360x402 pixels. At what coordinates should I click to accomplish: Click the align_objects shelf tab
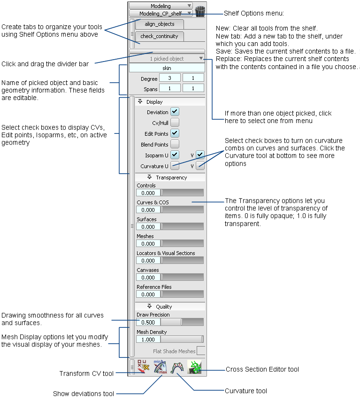(159, 24)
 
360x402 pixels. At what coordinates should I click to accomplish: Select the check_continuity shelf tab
(159, 36)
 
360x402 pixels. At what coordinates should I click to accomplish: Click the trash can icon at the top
(200, 11)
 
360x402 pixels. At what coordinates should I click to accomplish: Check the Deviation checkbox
(175, 112)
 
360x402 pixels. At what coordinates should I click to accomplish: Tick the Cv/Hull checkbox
(175, 123)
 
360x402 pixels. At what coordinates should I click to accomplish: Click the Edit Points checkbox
(175, 133)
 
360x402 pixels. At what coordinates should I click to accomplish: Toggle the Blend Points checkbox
(175, 144)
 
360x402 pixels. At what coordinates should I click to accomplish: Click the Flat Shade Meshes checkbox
(200, 350)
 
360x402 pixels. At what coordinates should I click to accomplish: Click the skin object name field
(167, 68)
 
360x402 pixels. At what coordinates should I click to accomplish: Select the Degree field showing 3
(169, 78)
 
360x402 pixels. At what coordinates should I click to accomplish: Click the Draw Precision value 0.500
(148, 322)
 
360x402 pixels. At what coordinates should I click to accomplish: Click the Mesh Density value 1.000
(148, 339)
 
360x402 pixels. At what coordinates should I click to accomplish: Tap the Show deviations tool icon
(161, 367)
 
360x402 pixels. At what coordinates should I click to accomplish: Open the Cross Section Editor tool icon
(194, 367)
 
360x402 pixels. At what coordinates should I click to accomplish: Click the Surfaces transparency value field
(148, 227)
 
